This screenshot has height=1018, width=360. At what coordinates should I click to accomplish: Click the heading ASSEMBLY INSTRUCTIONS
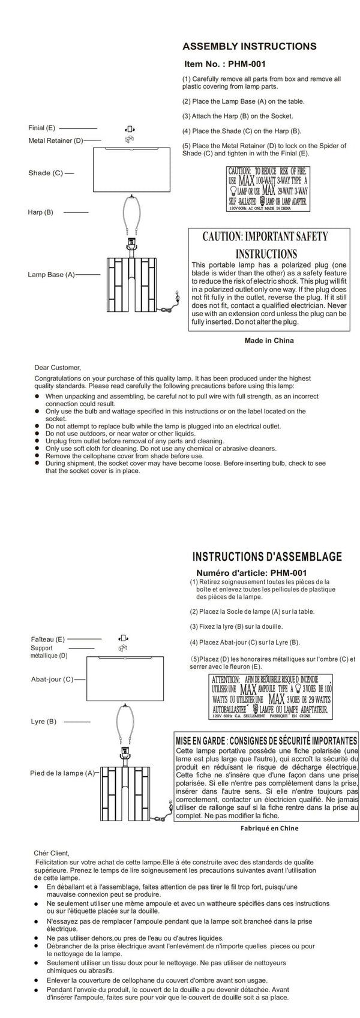[x=249, y=46]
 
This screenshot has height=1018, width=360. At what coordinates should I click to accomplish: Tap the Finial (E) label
[x=41, y=128]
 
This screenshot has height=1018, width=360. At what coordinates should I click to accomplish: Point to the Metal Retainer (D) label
[x=56, y=140]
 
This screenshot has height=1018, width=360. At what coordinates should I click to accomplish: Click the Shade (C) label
[x=46, y=173]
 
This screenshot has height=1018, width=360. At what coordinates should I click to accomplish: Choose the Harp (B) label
[x=40, y=212]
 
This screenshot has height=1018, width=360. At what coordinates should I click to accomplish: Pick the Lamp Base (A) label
[x=51, y=274]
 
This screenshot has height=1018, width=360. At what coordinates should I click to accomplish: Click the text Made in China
[x=269, y=341]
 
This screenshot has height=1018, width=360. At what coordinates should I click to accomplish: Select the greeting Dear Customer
[x=58, y=367]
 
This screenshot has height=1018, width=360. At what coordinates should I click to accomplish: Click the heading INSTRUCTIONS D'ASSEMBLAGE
[x=266, y=556]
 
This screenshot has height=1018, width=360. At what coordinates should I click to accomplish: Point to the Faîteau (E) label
[x=47, y=639]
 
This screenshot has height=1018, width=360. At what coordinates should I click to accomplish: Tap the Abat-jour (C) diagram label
[x=52, y=679]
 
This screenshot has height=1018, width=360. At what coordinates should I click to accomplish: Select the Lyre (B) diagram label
[x=43, y=721]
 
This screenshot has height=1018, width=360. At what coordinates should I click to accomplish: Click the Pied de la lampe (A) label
[x=62, y=773]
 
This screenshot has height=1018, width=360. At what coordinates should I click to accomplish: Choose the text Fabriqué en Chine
[x=268, y=828]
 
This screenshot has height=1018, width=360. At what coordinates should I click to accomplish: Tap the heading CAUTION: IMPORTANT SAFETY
[x=265, y=236]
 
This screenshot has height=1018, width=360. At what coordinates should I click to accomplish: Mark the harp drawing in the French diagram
[x=127, y=723]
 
